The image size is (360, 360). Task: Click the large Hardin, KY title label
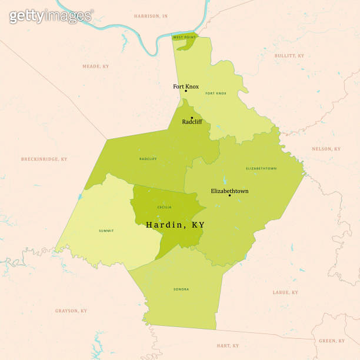click(175, 225)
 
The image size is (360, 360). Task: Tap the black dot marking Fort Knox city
click(186, 91)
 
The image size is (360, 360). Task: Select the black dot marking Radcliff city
click(192, 118)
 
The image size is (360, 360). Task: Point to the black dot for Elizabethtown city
click(229, 195)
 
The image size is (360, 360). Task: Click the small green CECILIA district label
click(165, 207)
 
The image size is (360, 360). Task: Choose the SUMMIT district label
click(106, 231)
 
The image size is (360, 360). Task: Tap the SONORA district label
click(181, 289)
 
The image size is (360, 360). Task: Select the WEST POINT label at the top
click(184, 37)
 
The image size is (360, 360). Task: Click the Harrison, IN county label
click(151, 16)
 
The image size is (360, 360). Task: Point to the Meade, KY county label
click(95, 66)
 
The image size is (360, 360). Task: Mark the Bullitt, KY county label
click(289, 56)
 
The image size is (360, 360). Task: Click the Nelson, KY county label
click(326, 149)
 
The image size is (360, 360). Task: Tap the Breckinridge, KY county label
click(44, 159)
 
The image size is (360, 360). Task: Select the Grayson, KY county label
click(71, 311)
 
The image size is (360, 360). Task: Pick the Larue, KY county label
click(285, 292)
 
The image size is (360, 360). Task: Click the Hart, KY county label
click(227, 346)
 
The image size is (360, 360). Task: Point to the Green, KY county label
click(332, 341)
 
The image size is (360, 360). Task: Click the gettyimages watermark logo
click(51, 15)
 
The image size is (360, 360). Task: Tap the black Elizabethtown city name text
click(229, 191)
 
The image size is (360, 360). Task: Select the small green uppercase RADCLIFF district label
click(148, 159)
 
